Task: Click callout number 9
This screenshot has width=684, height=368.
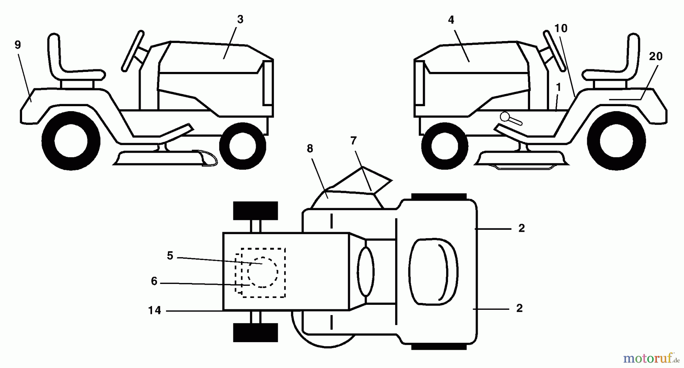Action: tap(18, 45)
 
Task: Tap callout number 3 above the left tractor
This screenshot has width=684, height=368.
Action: tap(240, 20)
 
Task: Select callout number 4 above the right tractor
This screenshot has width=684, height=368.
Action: tap(451, 20)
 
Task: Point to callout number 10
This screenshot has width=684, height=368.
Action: tap(561, 28)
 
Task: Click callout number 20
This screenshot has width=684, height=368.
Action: tap(656, 56)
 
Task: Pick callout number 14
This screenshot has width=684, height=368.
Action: tap(155, 311)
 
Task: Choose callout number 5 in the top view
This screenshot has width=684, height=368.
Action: tap(170, 256)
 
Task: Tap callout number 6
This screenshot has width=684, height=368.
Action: tap(154, 281)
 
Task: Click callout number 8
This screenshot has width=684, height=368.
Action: tap(310, 149)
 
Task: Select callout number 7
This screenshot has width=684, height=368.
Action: tap(353, 141)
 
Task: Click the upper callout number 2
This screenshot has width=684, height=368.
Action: tap(521, 228)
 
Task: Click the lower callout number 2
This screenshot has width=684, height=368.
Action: tap(519, 308)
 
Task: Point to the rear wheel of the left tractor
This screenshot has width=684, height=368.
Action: tap(71, 140)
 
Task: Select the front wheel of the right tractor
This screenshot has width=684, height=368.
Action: tap(445, 146)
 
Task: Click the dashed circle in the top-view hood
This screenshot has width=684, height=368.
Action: tap(263, 272)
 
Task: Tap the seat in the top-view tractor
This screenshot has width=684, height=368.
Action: tap(434, 272)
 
